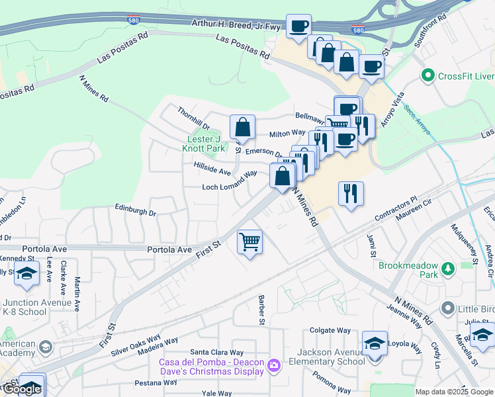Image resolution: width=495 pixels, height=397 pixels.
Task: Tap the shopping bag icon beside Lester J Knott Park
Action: point(243,127)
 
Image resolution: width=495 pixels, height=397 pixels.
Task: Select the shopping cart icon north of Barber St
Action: point(250,242)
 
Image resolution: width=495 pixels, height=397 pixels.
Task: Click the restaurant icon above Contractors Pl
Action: point(351,193)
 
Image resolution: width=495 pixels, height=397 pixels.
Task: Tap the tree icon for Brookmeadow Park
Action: point(448,269)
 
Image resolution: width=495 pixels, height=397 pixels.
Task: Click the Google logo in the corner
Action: point(22,389)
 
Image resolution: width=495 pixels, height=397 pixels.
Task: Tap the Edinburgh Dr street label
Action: point(136,213)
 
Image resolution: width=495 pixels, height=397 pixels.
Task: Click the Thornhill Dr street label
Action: point(193,117)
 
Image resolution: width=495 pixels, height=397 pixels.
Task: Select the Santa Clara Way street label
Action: point(217,352)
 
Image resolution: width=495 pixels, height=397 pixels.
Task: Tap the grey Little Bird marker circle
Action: point(448,308)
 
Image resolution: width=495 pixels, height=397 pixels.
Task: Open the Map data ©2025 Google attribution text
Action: point(454,392)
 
